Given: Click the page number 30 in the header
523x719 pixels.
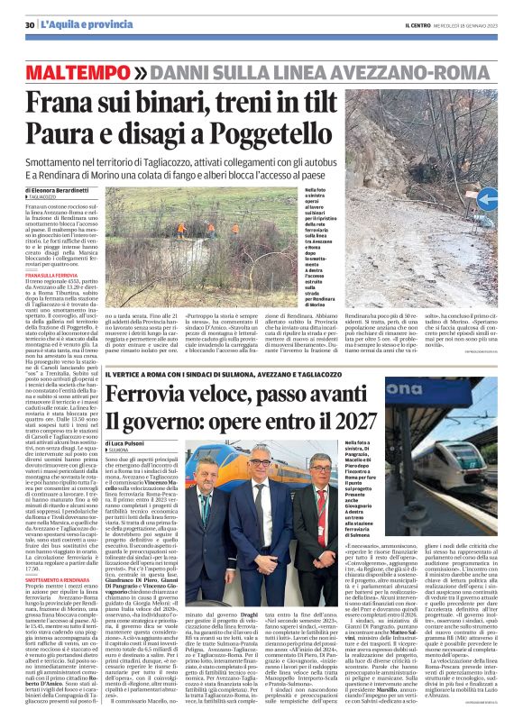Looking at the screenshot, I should point(31,24).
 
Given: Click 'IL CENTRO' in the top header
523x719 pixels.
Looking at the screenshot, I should point(399,24).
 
